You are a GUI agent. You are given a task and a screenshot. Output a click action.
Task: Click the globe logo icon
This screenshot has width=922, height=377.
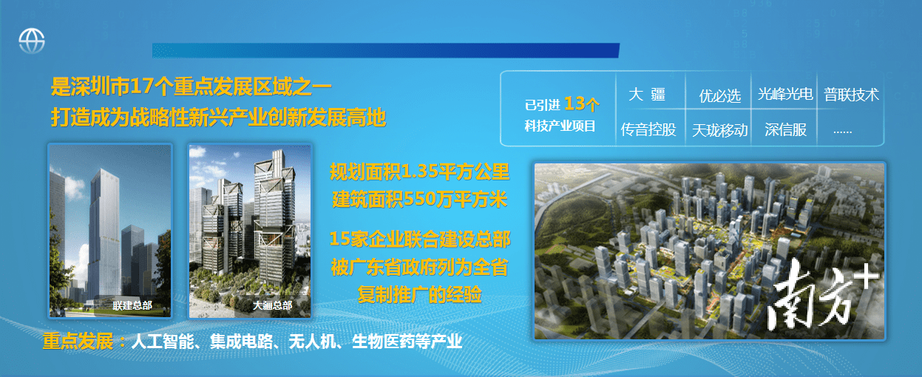coord(32,41)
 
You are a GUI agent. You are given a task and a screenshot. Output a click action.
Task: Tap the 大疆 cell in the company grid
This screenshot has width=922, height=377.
coord(647,95)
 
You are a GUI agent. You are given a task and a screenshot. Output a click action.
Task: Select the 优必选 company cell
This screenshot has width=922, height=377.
coord(720,96)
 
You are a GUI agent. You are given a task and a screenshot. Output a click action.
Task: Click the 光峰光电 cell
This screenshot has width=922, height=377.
coord(785,95)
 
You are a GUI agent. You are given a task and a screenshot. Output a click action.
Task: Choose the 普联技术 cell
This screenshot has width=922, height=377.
coord(851,95)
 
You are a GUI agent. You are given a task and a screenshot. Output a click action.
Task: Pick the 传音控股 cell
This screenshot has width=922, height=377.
coord(648,129)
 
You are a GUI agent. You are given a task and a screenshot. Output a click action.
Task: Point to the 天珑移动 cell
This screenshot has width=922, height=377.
coord(720,130)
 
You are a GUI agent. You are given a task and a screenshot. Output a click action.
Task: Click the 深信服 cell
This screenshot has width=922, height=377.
coord(785,129)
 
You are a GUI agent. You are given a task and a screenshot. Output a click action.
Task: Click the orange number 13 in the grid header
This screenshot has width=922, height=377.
coord(574,103)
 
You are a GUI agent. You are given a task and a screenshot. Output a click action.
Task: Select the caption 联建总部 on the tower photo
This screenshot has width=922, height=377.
coord(132,305)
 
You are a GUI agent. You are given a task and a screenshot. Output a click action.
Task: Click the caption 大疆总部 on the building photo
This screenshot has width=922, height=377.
coord(272,305)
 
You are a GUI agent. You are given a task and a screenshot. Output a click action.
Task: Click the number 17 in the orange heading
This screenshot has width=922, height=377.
coord(141,86)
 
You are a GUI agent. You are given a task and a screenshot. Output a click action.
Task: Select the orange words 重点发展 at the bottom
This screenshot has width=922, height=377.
coord(78,342)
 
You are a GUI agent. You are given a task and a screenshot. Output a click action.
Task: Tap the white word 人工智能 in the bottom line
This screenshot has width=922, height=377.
coord(162,342)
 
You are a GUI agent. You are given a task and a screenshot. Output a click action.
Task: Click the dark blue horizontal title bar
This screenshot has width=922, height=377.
coord(386,50)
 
